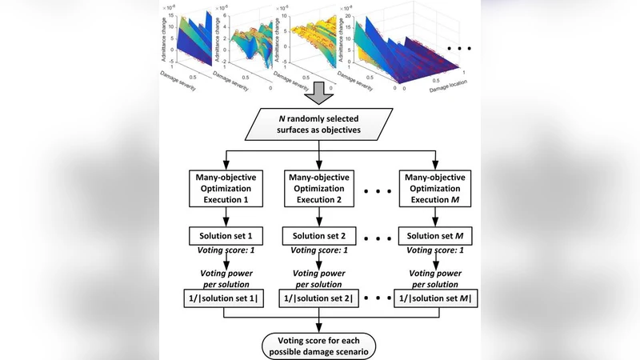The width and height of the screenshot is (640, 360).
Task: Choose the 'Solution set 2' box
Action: (320, 237)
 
